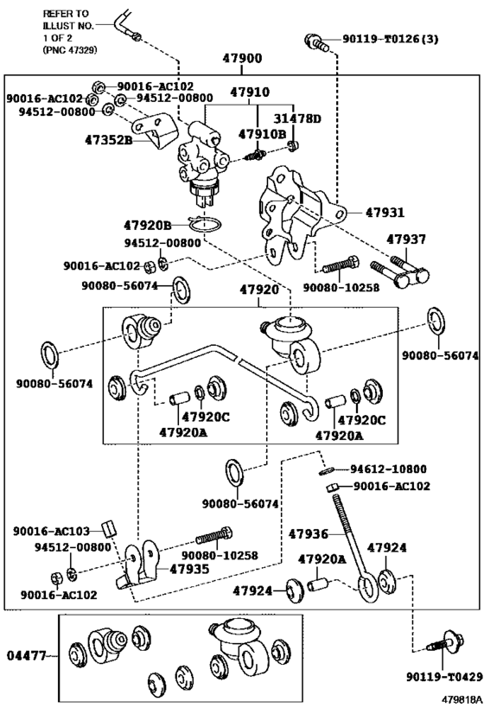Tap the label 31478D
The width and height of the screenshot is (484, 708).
[x=299, y=118]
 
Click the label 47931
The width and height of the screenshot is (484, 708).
[x=385, y=212]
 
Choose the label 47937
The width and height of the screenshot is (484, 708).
[x=406, y=239]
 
